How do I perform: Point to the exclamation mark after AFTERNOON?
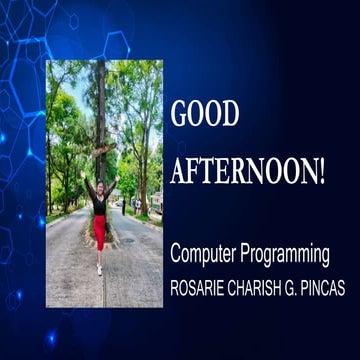pyautogui.click(x=321, y=173)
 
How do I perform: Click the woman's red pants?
pyautogui.click(x=99, y=233)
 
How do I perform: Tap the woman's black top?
pyautogui.click(x=99, y=203)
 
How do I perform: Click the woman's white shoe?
pyautogui.click(x=99, y=269)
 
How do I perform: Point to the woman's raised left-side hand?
pyautogui.click(x=87, y=181)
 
